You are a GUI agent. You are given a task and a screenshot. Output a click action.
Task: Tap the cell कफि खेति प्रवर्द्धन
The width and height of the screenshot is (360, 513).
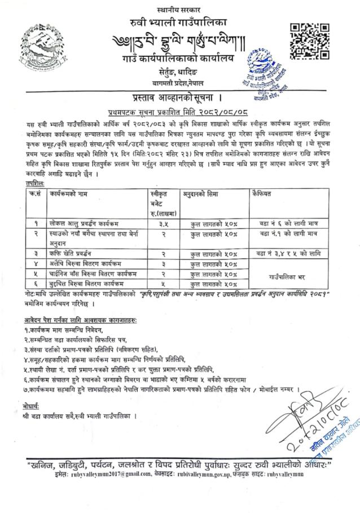click(x=72, y=254)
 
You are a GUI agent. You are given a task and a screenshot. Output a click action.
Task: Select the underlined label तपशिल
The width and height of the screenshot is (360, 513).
click(x=25, y=183)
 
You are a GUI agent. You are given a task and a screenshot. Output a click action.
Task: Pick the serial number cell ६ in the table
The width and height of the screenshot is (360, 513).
click(x=34, y=284)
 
